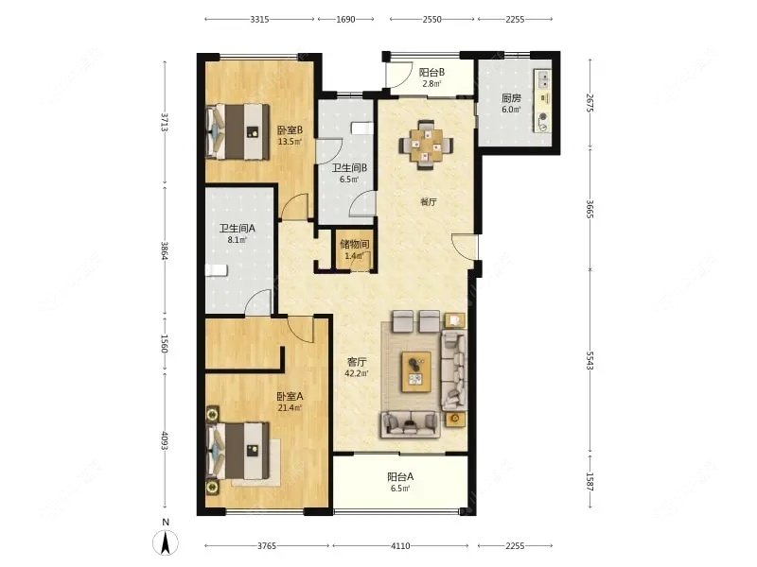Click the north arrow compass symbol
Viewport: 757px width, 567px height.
[166, 541]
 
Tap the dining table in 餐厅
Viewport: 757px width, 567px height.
[426, 144]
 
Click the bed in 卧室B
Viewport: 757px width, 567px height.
[238, 131]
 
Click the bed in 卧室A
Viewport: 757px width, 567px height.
[238, 451]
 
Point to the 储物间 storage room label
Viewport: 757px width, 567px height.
[354, 244]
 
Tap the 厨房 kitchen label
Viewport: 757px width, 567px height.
[511, 98]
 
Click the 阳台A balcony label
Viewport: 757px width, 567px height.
[400, 477]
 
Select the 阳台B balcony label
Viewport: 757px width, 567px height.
[431, 73]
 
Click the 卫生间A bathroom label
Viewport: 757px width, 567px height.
[238, 228]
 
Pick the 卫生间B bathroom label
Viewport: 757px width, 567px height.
[349, 168]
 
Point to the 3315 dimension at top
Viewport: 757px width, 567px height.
[259, 19]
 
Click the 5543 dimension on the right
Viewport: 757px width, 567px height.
[590, 361]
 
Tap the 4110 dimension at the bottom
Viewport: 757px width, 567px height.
[400, 546]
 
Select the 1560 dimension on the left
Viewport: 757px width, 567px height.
[165, 344]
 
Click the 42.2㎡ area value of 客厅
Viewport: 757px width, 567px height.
[357, 373]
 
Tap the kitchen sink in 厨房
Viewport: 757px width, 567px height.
[543, 79]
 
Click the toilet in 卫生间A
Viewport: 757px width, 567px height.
[216, 270]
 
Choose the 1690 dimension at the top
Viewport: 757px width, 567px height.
[345, 19]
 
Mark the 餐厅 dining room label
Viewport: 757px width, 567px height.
[429, 202]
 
